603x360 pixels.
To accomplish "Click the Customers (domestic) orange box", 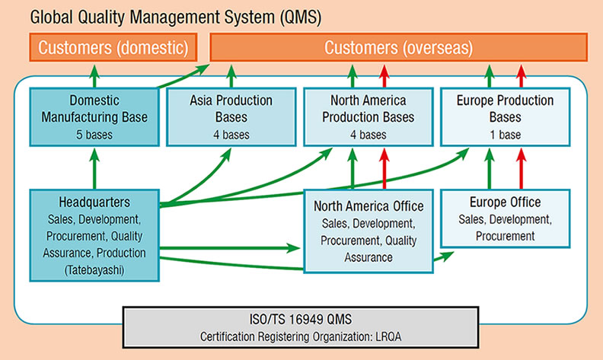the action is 113,47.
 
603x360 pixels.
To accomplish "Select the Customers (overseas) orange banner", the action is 398,47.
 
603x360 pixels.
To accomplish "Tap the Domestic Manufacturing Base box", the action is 94,117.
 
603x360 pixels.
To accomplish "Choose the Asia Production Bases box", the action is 231,117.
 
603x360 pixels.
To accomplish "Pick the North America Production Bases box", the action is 368,117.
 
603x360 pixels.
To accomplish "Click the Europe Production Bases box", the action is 505,117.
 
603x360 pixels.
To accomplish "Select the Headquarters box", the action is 94,235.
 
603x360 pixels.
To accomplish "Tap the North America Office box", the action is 368,231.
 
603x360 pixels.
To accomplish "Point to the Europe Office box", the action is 505,218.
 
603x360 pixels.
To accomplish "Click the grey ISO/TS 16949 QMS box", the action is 301,327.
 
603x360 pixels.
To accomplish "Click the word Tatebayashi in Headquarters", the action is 94,270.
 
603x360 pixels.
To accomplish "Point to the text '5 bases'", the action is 94,135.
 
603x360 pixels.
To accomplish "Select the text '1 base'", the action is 505,135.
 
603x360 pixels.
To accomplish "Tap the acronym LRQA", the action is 388,337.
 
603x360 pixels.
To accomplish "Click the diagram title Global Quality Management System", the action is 154,18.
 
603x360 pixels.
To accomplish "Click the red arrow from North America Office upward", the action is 384,168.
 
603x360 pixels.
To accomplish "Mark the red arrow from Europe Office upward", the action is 521,168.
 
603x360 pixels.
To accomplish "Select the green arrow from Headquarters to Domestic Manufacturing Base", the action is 94,168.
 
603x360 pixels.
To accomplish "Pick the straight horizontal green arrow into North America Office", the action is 230,247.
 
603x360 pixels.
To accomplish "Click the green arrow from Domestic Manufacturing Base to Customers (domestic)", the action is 94,76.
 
